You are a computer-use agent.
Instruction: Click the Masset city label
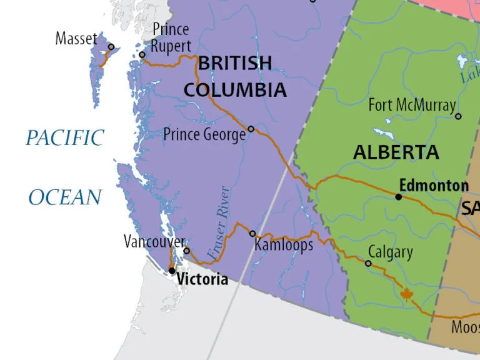pos(76,39)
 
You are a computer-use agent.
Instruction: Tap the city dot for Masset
pos(111,47)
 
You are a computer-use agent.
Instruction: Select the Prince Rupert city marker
pos(142,55)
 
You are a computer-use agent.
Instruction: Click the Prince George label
pos(204,134)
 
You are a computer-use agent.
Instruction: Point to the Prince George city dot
pos(251,129)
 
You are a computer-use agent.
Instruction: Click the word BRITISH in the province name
pos(235,63)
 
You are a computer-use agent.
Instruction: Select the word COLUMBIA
pos(235,90)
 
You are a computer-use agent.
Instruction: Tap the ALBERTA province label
pos(396,152)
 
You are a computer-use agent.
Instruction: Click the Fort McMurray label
pos(412,105)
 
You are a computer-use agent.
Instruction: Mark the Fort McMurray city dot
pos(458,116)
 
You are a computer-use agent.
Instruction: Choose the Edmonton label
pos(434,186)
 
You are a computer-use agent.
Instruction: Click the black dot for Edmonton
pos(399,197)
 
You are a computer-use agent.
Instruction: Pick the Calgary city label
pos(390,252)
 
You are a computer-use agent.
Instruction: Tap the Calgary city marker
pos(368,264)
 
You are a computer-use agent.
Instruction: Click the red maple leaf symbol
pos(407,294)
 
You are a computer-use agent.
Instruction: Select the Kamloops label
pos(284,245)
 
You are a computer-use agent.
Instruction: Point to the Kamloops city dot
pos(252,234)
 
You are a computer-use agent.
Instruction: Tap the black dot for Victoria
pos(172,271)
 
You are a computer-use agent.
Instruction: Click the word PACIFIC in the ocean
pos(64,137)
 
